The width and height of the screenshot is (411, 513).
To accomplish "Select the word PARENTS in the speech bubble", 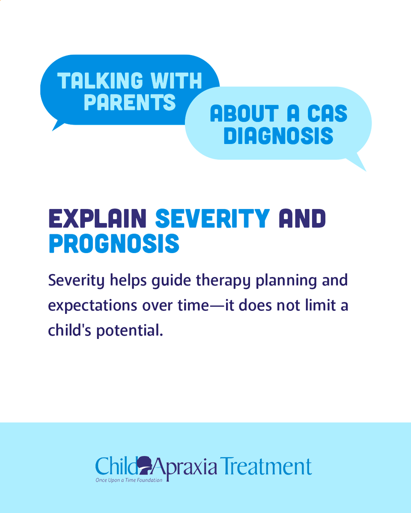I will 130,103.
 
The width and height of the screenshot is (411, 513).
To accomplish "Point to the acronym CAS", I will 328,114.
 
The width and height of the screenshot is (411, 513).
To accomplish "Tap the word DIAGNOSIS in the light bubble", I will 278,136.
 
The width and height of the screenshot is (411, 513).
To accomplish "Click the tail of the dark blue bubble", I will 57,125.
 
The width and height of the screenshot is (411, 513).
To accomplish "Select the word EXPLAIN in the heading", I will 98,219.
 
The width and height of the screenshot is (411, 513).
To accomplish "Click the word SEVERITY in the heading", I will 212,219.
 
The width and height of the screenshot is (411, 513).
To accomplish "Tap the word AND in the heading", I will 302,219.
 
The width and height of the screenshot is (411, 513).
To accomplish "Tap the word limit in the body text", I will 320,306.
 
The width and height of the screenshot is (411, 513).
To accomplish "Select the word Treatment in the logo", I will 266,466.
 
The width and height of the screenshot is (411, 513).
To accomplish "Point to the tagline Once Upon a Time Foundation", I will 129,480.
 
